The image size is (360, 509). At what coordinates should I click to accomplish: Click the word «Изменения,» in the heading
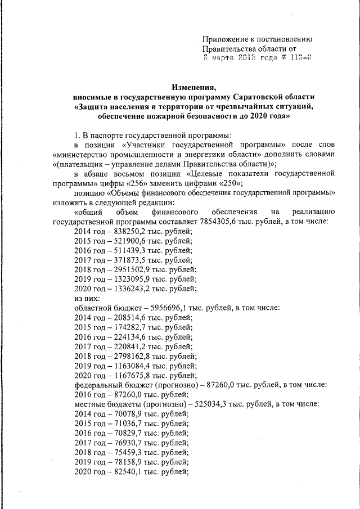193,86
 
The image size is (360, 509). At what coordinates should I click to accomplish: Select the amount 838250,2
130,231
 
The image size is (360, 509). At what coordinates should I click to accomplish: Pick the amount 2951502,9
132,269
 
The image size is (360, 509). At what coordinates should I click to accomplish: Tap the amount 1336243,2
132,289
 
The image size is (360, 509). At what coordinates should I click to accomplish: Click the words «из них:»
87,298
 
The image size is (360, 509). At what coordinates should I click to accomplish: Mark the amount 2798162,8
132,356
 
